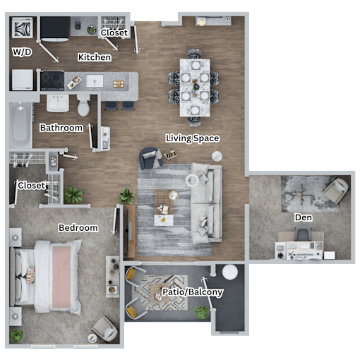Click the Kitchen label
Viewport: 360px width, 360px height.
click(x=95, y=57)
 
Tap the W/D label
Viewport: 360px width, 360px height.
click(x=22, y=52)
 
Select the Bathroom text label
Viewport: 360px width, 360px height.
click(x=61, y=128)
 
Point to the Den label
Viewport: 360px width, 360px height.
click(x=304, y=217)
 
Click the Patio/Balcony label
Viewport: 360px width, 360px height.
click(x=193, y=292)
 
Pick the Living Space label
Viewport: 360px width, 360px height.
click(x=193, y=138)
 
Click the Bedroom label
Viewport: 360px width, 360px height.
click(x=78, y=228)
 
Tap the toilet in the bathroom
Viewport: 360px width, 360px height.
click(x=83, y=105)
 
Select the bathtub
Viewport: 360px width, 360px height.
click(x=20, y=125)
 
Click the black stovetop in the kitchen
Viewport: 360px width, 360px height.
click(x=52, y=80)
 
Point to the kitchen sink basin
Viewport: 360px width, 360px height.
click(x=95, y=81)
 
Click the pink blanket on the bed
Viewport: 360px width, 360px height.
click(x=61, y=277)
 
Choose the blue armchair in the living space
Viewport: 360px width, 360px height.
click(x=150, y=158)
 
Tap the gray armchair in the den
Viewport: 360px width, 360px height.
click(x=336, y=190)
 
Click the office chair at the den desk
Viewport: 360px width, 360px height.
click(x=303, y=234)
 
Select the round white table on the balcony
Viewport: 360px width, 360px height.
click(x=230, y=272)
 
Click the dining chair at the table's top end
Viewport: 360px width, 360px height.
click(x=195, y=54)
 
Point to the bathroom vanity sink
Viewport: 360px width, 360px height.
click(x=58, y=103)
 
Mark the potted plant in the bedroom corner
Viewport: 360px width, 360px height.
click(x=17, y=336)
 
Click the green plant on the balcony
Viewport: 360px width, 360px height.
click(x=201, y=312)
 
